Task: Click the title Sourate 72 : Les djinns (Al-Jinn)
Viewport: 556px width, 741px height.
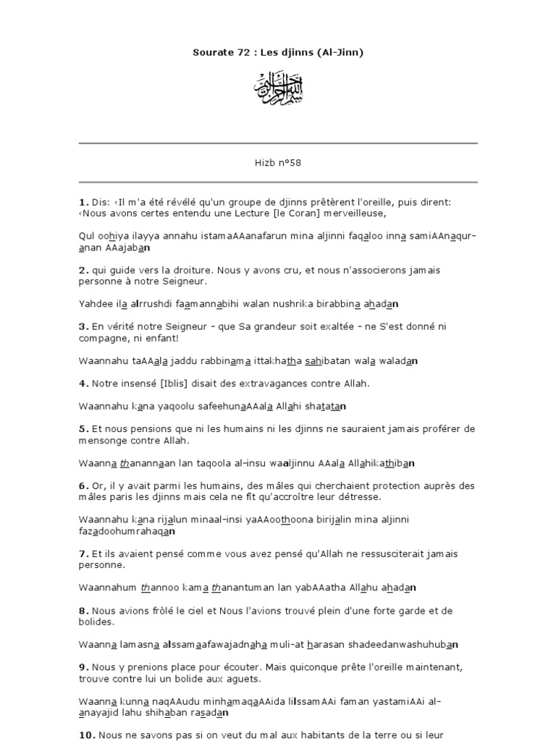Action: click(x=277, y=53)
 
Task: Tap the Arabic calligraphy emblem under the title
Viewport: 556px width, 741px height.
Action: click(x=277, y=89)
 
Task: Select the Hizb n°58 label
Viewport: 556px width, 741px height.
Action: click(x=277, y=163)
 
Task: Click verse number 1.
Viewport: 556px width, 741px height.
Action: click(x=82, y=203)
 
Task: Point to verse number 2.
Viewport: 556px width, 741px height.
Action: click(x=82, y=270)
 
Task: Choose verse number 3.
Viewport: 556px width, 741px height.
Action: click(x=82, y=326)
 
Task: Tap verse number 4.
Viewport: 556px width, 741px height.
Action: click(x=82, y=383)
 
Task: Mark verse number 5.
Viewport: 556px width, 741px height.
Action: click(x=82, y=429)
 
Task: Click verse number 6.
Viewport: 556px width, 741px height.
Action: click(x=82, y=486)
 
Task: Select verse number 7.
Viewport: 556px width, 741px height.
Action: click(x=82, y=554)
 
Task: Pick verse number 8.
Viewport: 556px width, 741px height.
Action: click(x=82, y=611)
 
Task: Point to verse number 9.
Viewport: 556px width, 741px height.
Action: click(x=82, y=666)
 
